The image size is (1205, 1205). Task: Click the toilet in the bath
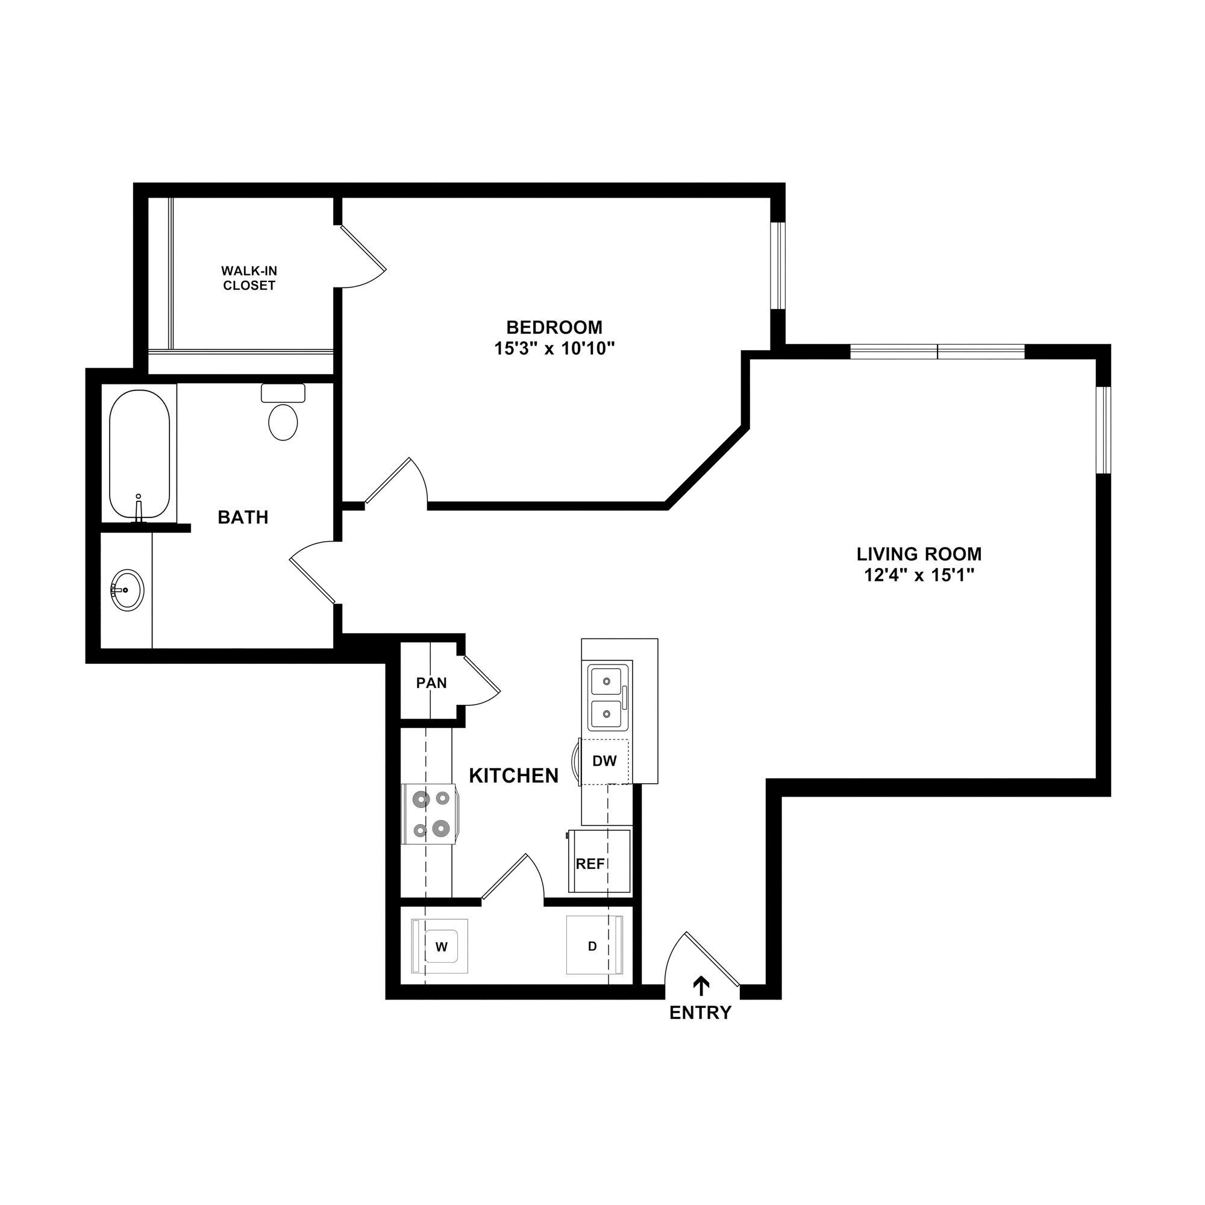[283, 414]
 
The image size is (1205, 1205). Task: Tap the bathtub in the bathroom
[139, 454]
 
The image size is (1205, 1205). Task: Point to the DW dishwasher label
[604, 761]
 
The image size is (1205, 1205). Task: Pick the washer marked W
[440, 947]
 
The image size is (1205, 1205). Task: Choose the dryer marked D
[593, 946]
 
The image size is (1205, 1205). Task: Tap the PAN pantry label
[431, 683]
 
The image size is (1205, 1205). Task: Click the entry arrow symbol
[703, 986]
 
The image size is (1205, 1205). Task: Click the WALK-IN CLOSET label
[249, 278]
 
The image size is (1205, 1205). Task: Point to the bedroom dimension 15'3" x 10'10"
[554, 349]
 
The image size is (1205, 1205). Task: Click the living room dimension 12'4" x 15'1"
[919, 574]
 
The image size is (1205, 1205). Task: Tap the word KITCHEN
[513, 776]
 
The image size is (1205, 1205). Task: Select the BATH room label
[243, 517]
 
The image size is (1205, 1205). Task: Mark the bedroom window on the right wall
[778, 265]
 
